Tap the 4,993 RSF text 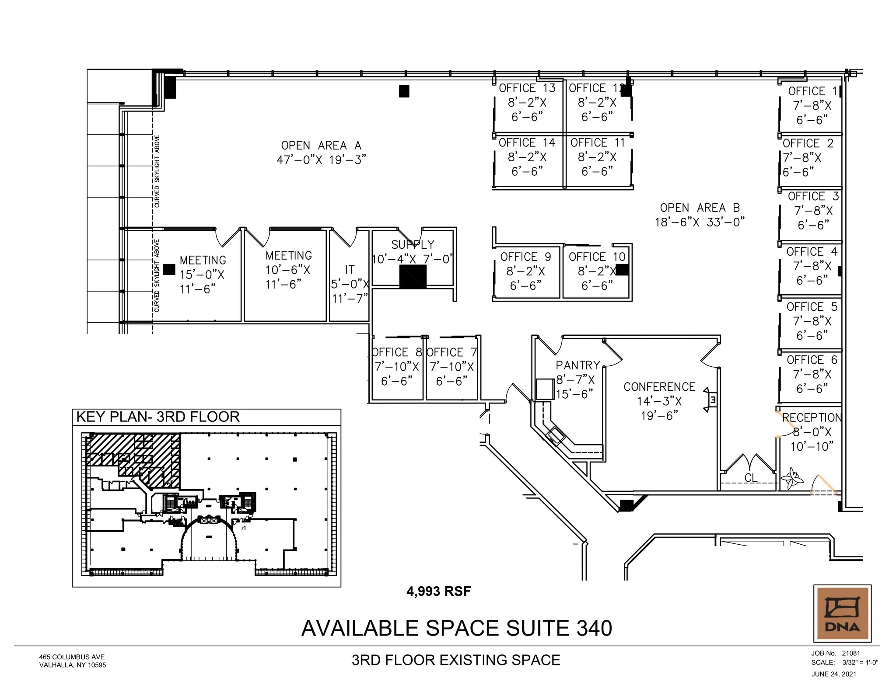click(x=438, y=591)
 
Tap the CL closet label click(x=751, y=478)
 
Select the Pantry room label click(x=577, y=365)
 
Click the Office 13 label click(x=527, y=88)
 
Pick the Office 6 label click(x=812, y=360)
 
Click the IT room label click(x=350, y=270)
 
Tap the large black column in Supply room click(x=413, y=277)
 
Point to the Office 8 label click(x=396, y=352)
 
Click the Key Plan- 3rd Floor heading click(x=158, y=417)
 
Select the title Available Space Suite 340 click(x=456, y=628)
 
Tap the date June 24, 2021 click(x=833, y=674)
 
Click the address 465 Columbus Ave click(x=72, y=657)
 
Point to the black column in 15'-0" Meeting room click(x=169, y=269)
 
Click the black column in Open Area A click(x=404, y=91)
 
